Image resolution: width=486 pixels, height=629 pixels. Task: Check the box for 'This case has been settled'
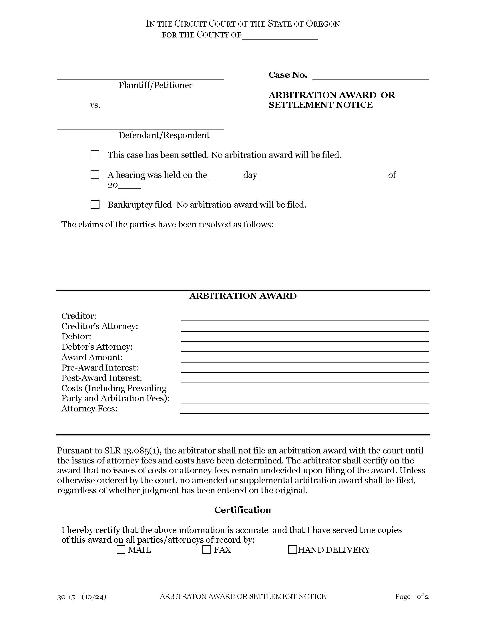click(x=95, y=155)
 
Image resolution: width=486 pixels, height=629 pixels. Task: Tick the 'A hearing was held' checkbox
click(x=95, y=175)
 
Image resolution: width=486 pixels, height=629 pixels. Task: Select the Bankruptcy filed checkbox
click(x=95, y=204)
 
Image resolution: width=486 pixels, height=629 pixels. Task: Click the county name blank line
click(x=280, y=37)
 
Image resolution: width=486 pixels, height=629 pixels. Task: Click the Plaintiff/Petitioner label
click(x=155, y=85)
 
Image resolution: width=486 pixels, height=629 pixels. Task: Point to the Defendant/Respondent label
click(x=164, y=135)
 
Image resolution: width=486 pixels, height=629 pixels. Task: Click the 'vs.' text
click(x=95, y=105)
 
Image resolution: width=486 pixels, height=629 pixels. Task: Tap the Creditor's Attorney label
click(x=99, y=326)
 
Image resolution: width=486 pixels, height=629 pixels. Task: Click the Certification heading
click(x=242, y=510)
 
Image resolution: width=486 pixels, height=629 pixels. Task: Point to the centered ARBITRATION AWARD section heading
click(x=242, y=296)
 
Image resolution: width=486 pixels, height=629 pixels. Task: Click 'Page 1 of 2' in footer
click(x=412, y=596)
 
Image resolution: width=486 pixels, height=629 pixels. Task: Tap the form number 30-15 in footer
click(x=66, y=597)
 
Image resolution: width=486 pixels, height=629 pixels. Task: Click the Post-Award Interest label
click(x=101, y=378)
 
